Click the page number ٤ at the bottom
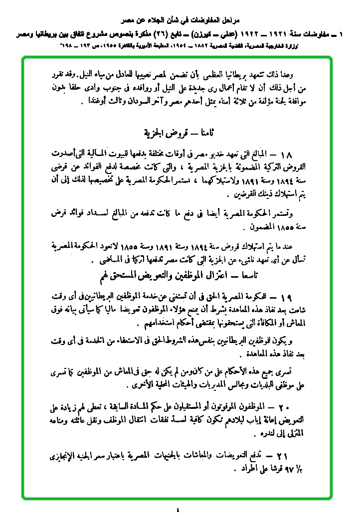click(178, 510)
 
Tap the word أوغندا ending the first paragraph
click(93, 104)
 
